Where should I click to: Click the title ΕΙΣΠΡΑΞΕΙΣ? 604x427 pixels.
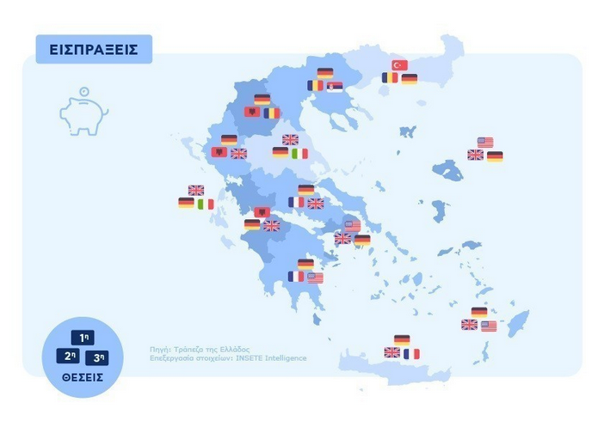[94, 49]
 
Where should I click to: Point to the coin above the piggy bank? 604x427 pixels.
[83, 92]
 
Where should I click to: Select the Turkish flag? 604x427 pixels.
[399, 65]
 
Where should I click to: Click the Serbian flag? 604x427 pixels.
[334, 86]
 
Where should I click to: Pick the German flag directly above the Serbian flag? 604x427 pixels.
[325, 73]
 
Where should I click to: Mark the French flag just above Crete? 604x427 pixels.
[411, 353]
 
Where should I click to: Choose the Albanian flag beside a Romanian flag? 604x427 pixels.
[253, 113]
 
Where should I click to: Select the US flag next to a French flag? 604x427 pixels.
[315, 278]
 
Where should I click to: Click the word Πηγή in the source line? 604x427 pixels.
[158, 350]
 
